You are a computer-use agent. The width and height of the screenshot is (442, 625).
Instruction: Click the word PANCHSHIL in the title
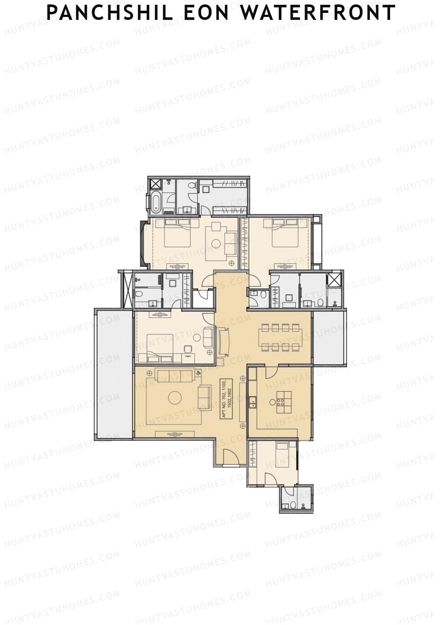tap(110, 13)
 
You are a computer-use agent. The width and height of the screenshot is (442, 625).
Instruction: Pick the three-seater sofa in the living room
tap(175, 375)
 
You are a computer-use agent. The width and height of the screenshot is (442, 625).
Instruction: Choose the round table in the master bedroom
tap(216, 243)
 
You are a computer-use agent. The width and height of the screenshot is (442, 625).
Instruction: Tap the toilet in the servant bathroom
tap(293, 505)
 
